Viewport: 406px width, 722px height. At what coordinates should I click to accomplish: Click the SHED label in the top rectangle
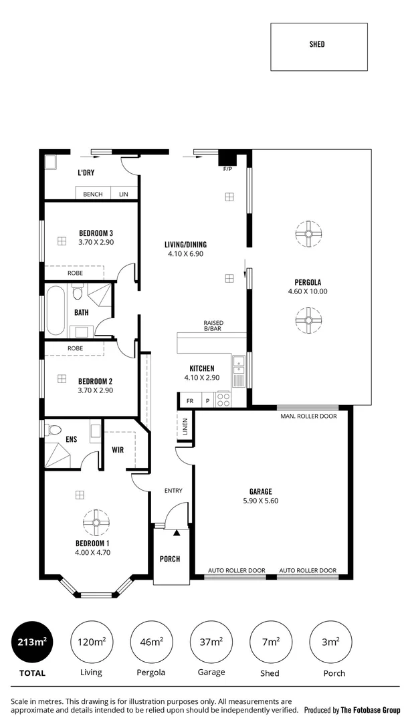click(x=318, y=44)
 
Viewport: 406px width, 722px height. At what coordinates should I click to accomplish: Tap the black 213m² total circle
click(x=31, y=642)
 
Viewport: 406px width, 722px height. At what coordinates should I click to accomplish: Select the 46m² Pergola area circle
click(x=152, y=642)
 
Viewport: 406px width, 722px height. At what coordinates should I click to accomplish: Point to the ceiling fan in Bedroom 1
click(x=96, y=522)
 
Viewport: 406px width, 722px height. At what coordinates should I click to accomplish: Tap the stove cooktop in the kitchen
click(x=224, y=399)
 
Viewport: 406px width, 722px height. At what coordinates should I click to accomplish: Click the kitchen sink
click(x=239, y=365)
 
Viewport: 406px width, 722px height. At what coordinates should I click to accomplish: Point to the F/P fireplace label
click(x=227, y=169)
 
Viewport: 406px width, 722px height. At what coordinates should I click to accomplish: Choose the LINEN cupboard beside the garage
click(x=185, y=427)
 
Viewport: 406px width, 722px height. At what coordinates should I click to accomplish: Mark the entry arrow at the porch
click(x=177, y=533)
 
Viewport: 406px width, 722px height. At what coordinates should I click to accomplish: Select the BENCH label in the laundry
click(x=92, y=195)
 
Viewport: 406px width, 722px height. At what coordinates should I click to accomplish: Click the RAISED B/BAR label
click(x=213, y=326)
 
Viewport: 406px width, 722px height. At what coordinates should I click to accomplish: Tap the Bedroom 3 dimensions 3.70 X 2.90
click(x=96, y=242)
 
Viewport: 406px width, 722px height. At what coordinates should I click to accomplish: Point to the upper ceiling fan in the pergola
click(x=308, y=234)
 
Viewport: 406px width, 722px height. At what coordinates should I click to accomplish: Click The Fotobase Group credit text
click(x=371, y=710)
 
